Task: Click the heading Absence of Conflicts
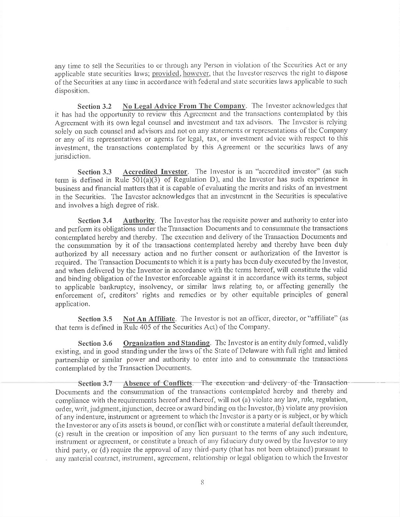click(x=158, y=383)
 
